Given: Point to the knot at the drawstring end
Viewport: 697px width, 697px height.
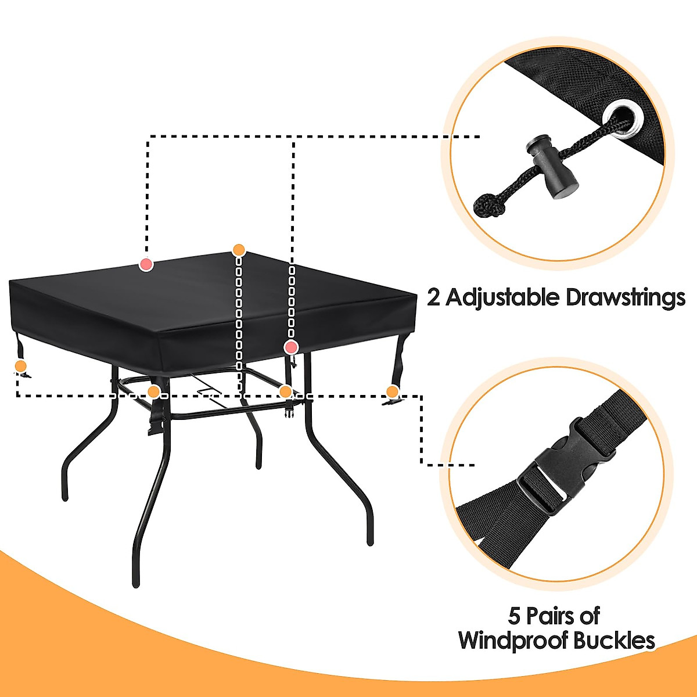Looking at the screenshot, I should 487,206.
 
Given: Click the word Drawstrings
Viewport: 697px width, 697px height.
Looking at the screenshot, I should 625,297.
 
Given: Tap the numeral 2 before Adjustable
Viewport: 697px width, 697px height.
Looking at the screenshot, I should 434,297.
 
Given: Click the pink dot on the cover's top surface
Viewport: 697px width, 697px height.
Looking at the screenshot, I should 146,265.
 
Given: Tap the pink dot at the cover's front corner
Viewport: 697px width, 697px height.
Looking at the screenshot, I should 291,347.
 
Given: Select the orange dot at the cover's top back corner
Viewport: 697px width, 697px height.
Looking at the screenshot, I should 239,250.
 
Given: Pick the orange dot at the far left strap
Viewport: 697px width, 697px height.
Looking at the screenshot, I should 20,366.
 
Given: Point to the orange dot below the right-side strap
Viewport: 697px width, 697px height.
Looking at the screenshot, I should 393,391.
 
